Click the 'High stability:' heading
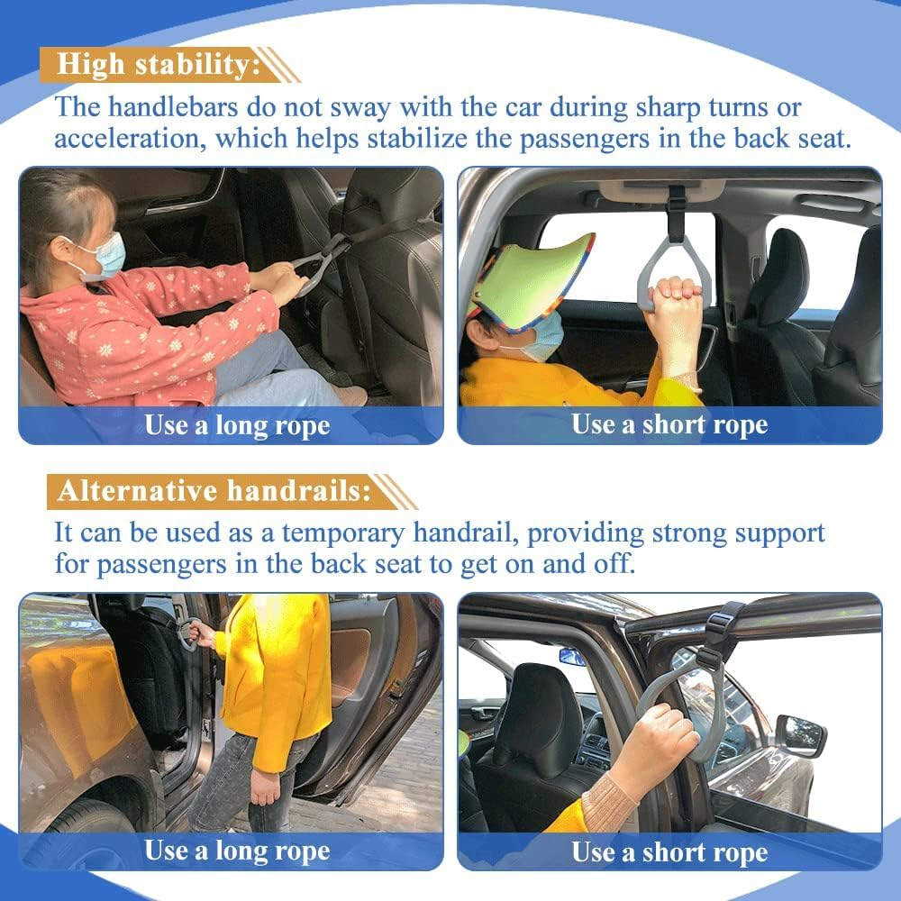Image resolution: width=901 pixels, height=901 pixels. click(159, 65)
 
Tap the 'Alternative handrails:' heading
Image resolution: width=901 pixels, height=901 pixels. click(214, 491)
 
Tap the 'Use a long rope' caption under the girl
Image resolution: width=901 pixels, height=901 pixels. click(236, 425)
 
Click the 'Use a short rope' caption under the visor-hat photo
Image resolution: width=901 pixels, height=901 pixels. click(669, 425)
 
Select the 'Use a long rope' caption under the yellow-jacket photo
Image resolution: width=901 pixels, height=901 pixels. click(236, 851)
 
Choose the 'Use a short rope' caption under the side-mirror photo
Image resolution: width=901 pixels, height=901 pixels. click(669, 851)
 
